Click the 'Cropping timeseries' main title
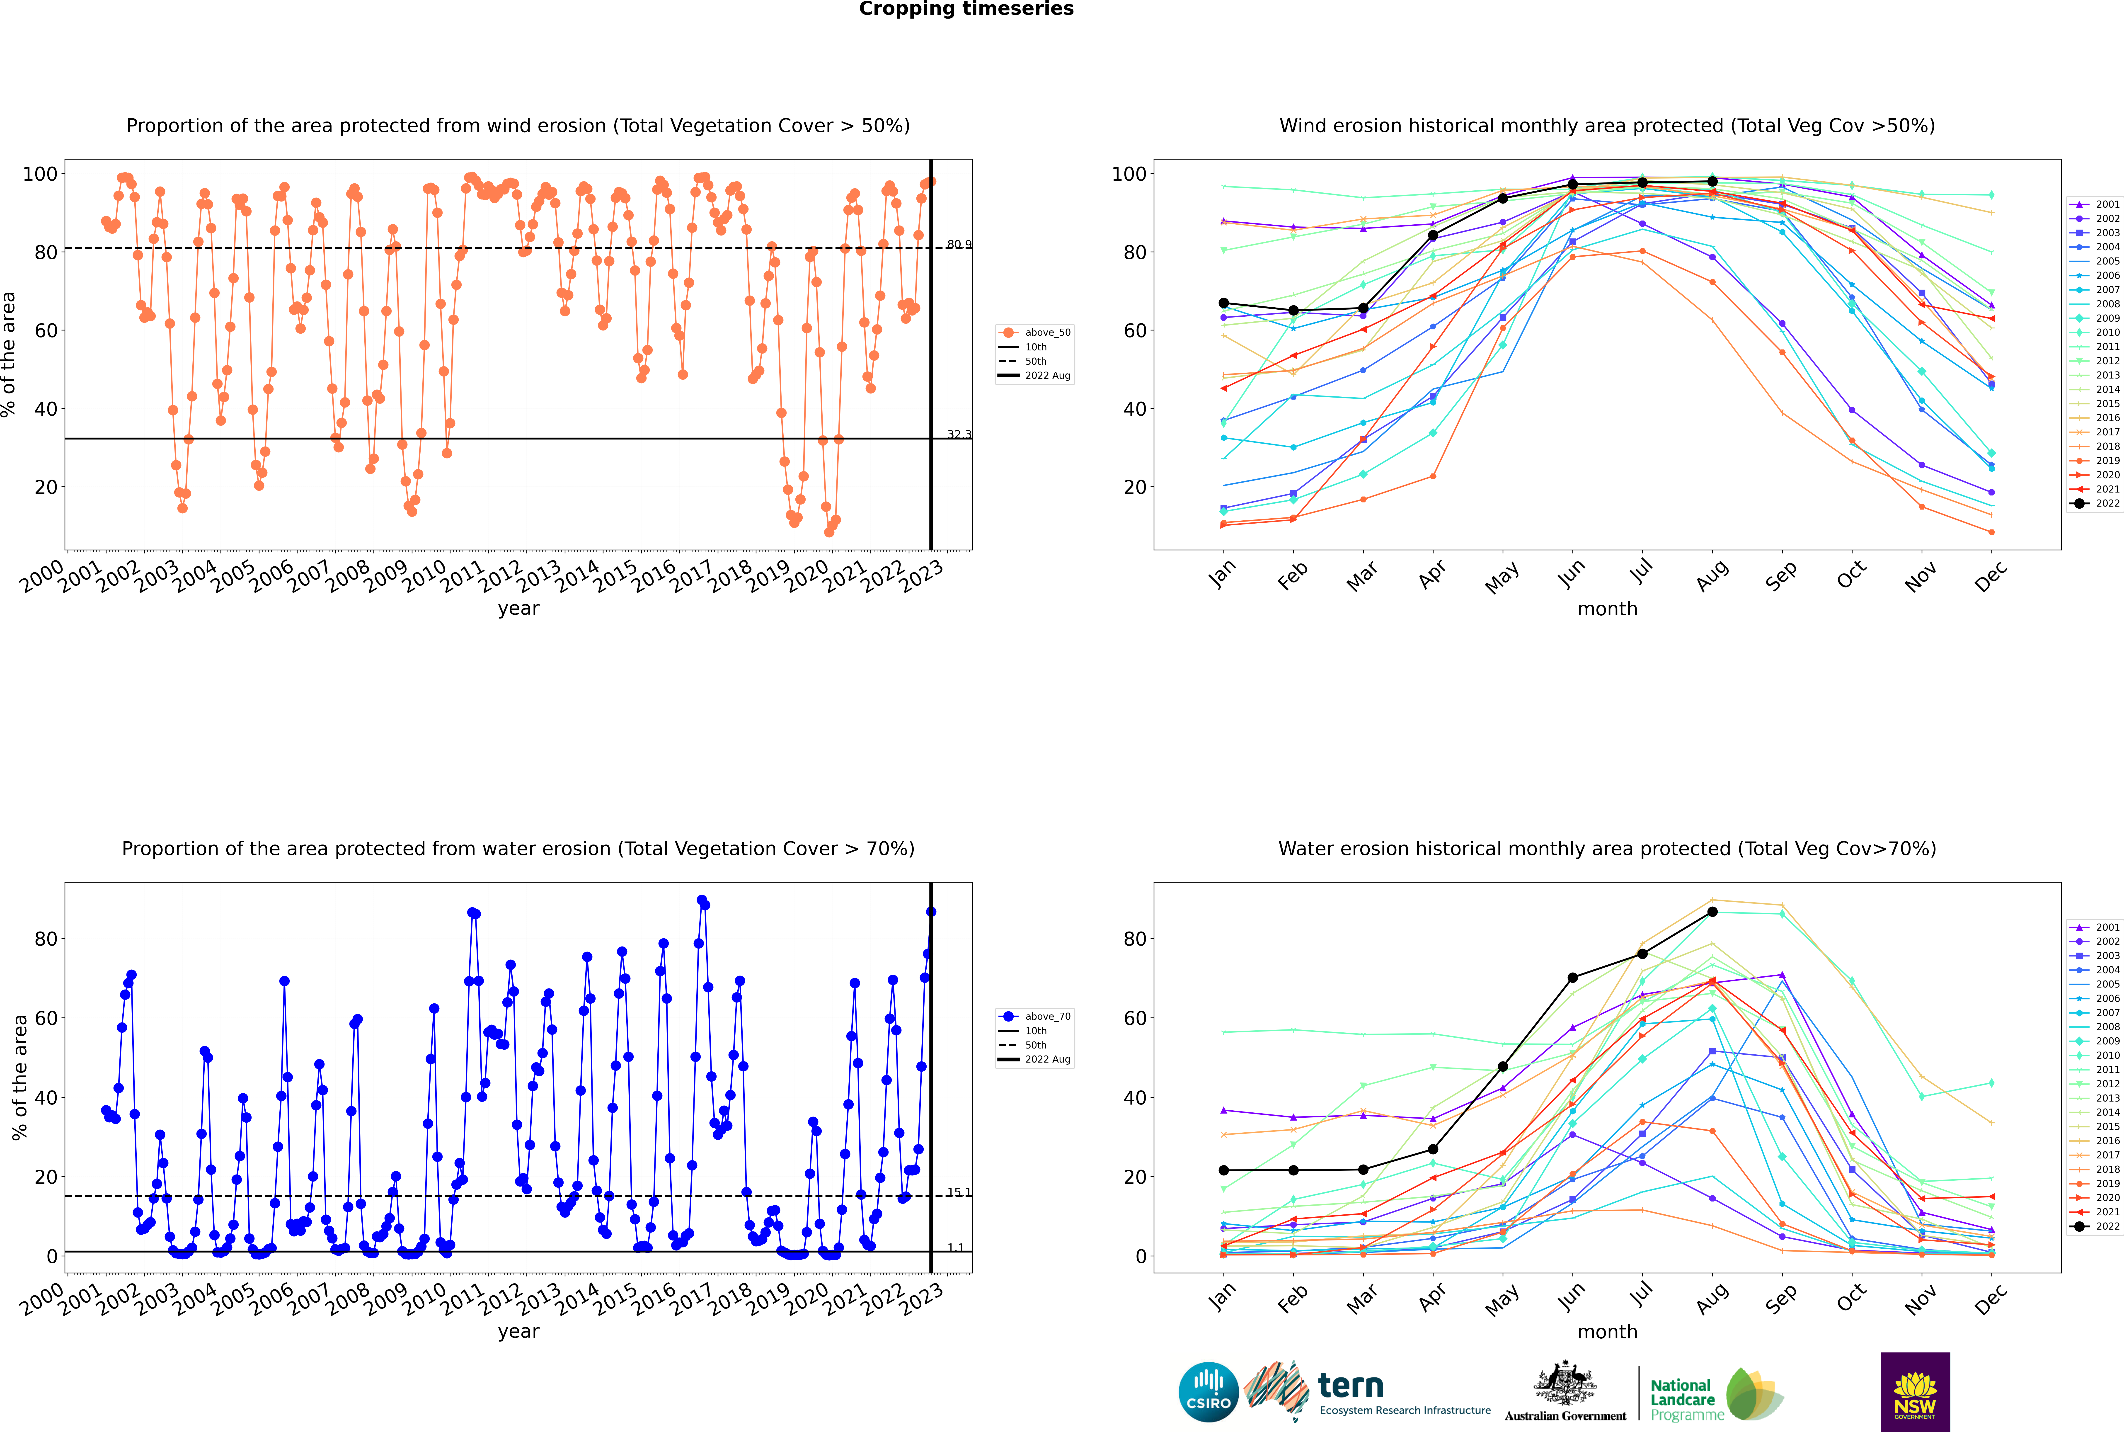pyautogui.click(x=966, y=9)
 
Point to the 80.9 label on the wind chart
pyautogui.click(x=959, y=245)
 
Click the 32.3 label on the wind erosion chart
pyautogui.click(x=959, y=435)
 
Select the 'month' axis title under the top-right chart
pyautogui.click(x=1607, y=609)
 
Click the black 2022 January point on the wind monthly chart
pyautogui.click(x=1224, y=303)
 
